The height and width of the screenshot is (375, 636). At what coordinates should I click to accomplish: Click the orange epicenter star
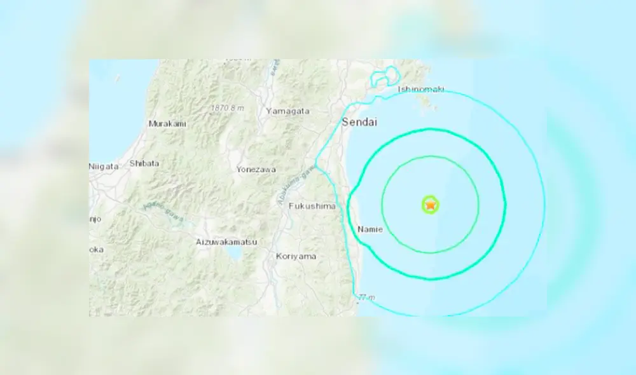[431, 205]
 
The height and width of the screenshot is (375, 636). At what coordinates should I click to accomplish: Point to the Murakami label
[167, 124]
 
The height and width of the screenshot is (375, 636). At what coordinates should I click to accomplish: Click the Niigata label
[104, 167]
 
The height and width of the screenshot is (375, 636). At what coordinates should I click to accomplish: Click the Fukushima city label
[312, 206]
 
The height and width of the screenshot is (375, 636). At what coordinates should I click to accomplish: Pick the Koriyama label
[297, 256]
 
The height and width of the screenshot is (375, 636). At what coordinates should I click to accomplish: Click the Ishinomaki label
[420, 90]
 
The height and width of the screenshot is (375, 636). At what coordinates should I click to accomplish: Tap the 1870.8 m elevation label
[227, 108]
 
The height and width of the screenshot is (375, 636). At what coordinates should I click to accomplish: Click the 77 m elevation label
[366, 297]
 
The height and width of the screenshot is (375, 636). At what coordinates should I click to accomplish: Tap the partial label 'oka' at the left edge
[96, 250]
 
